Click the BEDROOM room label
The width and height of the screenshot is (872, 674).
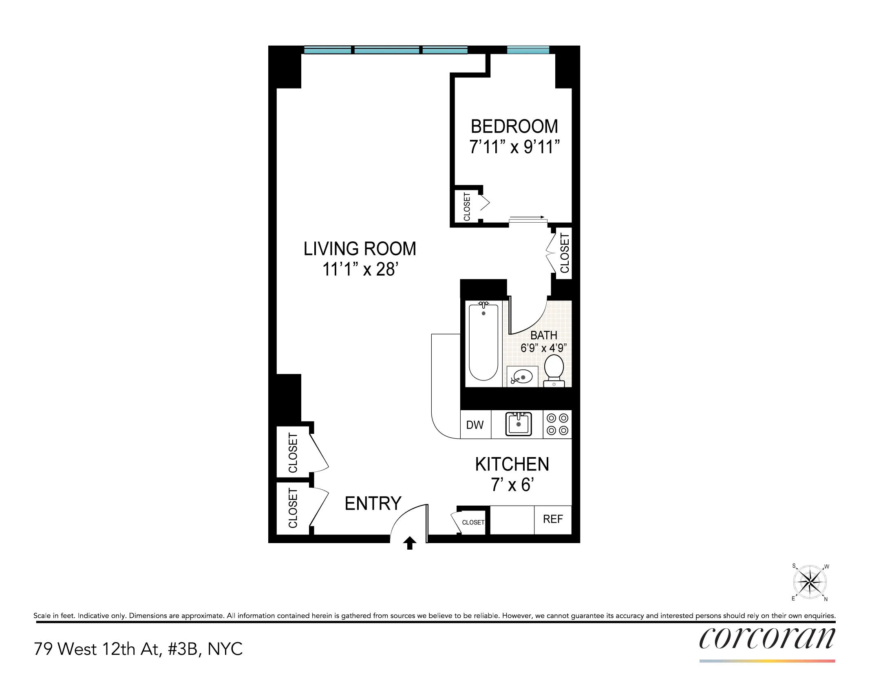(514, 126)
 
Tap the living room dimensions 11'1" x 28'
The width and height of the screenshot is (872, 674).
(360, 270)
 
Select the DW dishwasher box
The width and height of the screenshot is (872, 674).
(475, 425)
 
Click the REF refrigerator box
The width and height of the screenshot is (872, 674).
(553, 519)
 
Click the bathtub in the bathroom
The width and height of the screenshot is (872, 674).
(483, 343)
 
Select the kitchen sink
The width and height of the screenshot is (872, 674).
(519, 424)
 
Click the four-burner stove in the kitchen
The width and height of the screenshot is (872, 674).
(557, 424)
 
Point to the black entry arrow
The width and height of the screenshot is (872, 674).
(410, 543)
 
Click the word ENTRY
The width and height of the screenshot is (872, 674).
(373, 504)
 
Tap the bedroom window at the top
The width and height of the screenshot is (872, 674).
(528, 50)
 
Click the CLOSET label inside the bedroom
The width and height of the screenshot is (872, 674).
(467, 207)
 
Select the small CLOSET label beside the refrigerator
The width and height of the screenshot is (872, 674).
(473, 522)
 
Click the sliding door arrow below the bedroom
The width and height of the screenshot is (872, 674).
(527, 217)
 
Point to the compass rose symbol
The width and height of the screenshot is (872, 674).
(810, 582)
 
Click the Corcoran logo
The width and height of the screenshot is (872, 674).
(767, 639)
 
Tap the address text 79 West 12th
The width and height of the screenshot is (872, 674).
(138, 649)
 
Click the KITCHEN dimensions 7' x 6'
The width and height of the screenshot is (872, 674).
(512, 485)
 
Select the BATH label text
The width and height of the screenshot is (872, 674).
(543, 335)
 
